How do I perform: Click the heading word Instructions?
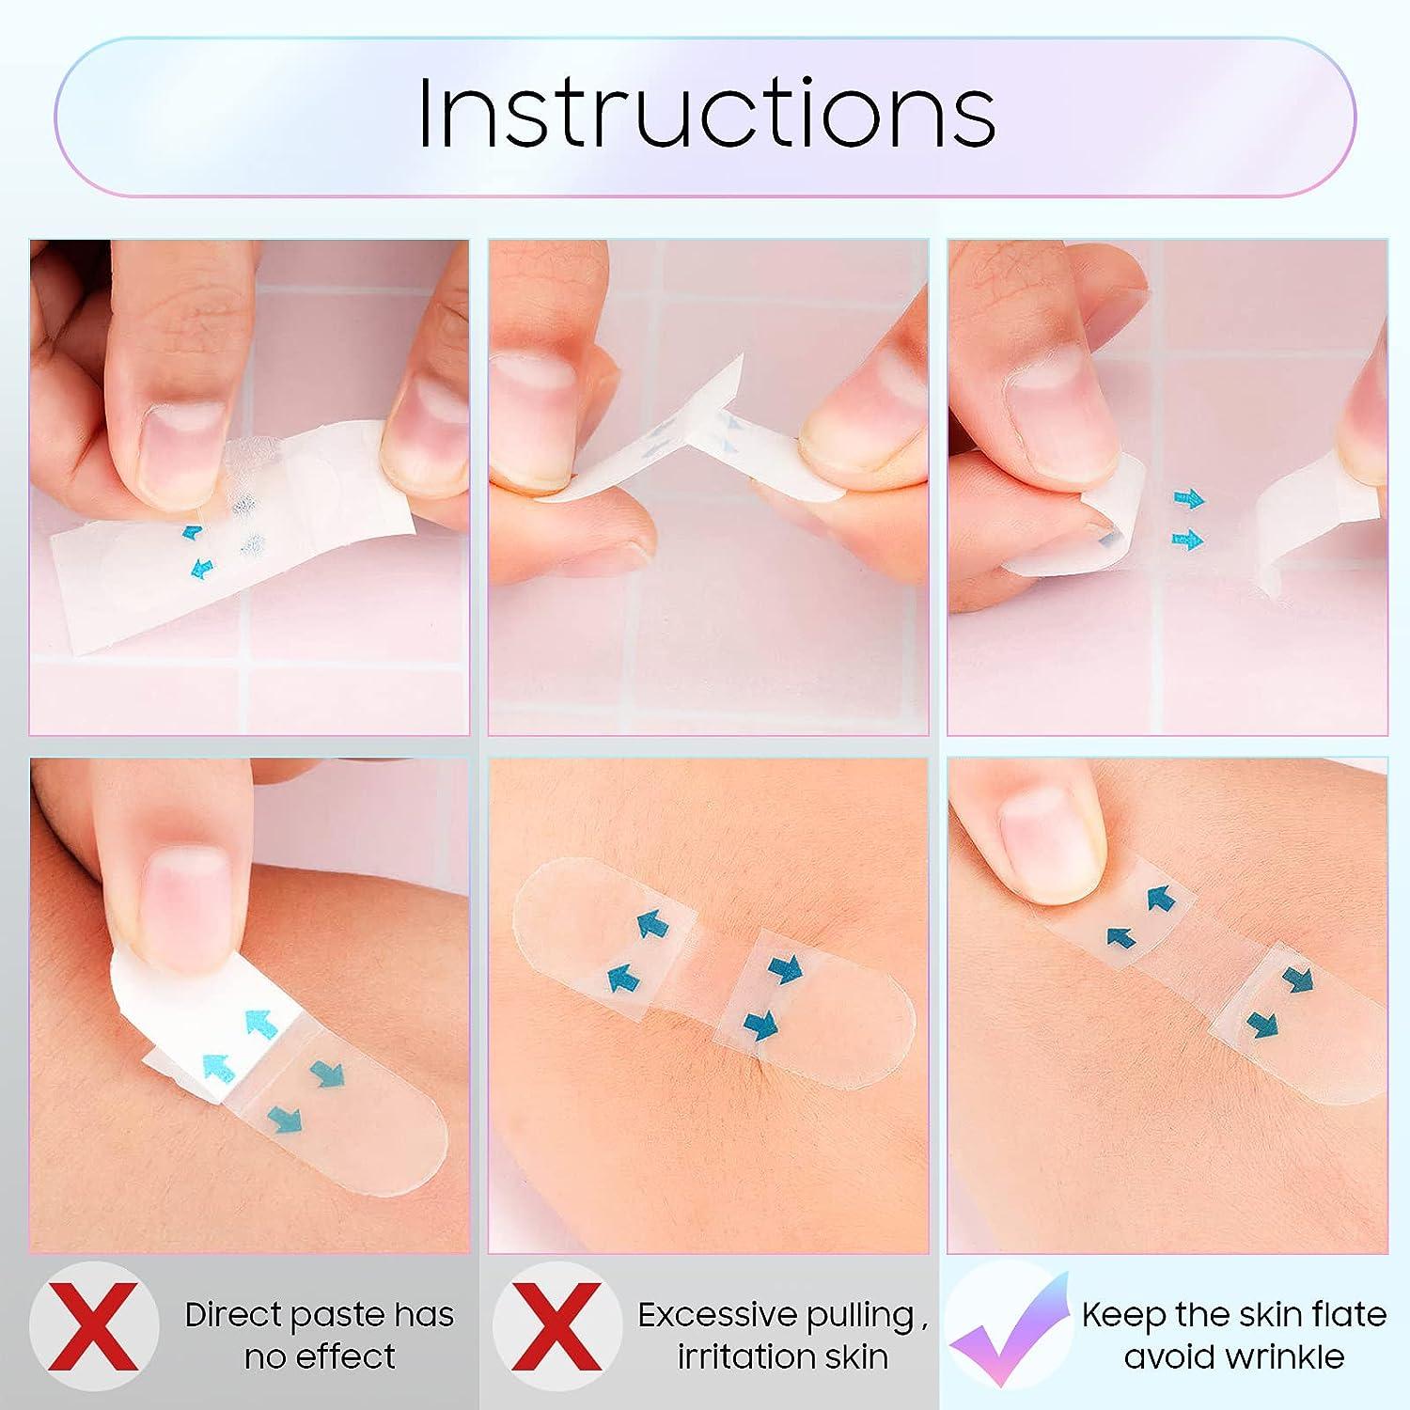(x=706, y=113)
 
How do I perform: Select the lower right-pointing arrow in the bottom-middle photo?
(x=760, y=1024)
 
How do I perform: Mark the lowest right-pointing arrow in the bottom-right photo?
(x=1262, y=1023)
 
